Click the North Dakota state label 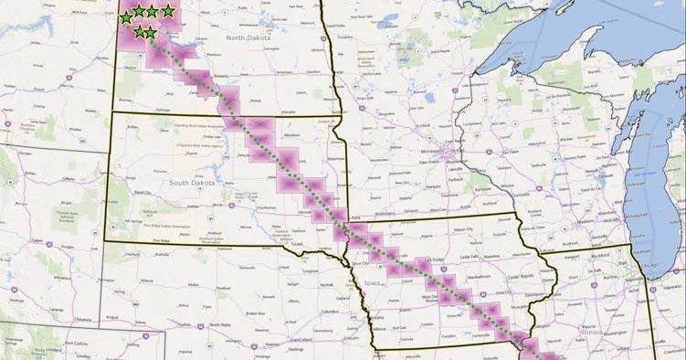(249, 37)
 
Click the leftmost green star (126, 17)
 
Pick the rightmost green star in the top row (168, 10)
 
